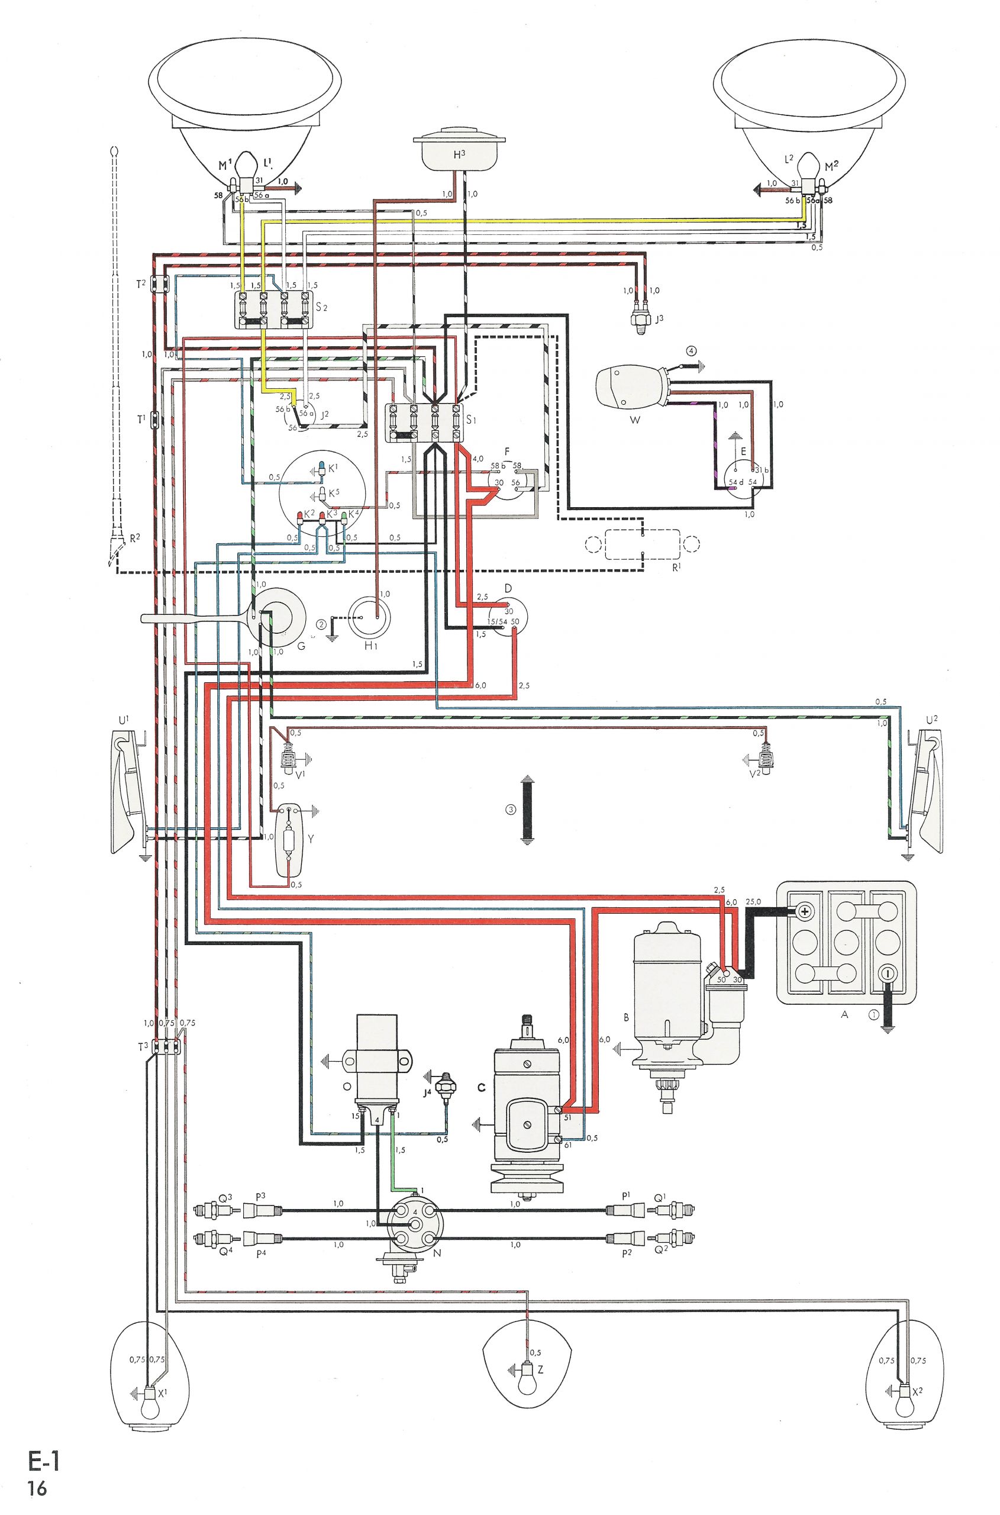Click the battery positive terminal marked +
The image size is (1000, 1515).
pyautogui.click(x=805, y=911)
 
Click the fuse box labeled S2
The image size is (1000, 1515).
pyautogui.click(x=273, y=310)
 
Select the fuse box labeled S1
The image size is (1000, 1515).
pyautogui.click(x=425, y=423)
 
